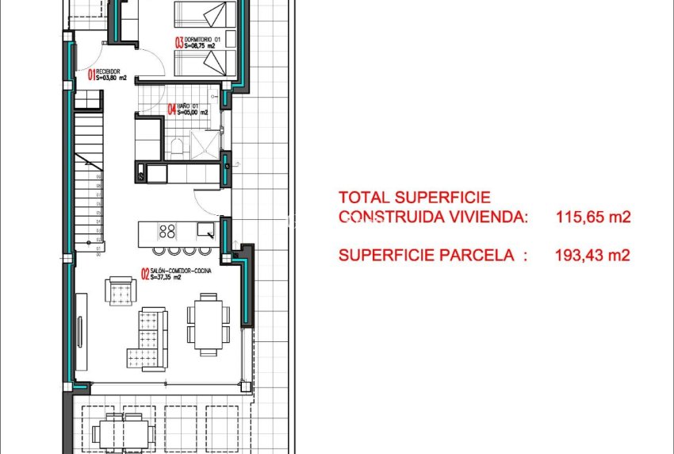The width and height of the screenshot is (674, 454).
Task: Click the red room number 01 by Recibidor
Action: pos(90,76)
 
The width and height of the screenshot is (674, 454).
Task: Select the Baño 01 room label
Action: pos(193,107)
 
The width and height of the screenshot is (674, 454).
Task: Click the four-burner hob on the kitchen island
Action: pos(167,232)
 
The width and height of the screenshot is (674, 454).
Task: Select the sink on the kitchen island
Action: pos(205,230)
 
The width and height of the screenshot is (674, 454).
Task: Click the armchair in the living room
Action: pos(121,290)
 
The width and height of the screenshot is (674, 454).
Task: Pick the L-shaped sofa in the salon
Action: pos(149,339)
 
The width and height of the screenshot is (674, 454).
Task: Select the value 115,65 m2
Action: pos(593,217)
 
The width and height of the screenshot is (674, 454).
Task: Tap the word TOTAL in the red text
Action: pos(366,198)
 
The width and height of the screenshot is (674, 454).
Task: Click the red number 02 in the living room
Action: pos(145,275)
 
